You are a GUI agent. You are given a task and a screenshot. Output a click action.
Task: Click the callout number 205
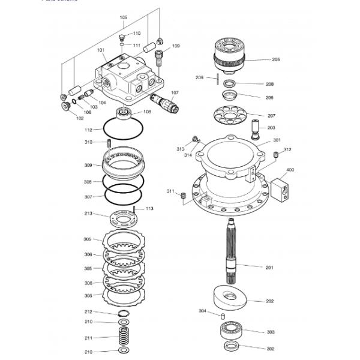(x=275, y=59)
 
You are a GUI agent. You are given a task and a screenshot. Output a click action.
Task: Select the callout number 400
(x=290, y=170)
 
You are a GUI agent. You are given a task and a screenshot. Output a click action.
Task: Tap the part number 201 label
(x=269, y=267)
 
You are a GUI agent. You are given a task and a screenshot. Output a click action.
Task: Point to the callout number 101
(x=100, y=50)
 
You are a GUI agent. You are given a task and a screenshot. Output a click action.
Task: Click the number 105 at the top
(x=124, y=17)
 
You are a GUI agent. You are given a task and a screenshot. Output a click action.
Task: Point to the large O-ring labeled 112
(x=122, y=128)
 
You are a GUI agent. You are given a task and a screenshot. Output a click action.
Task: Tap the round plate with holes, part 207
(x=230, y=115)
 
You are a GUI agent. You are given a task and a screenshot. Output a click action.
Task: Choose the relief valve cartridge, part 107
(x=165, y=101)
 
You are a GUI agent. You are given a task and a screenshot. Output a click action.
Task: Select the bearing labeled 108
(x=124, y=112)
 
